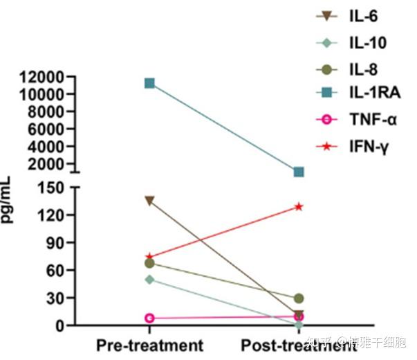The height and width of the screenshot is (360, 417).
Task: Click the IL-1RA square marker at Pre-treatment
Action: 149,84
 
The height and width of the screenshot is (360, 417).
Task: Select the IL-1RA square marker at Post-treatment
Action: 299,172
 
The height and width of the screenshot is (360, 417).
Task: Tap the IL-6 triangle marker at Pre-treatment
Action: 149,201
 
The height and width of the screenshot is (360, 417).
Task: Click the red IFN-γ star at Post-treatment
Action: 299,206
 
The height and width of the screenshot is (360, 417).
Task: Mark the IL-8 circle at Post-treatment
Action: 299,298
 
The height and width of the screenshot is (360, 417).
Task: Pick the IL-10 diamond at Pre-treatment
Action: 149,279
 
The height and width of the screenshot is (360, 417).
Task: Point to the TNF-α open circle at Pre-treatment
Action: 149,318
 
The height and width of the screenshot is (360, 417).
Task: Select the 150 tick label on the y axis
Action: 53,188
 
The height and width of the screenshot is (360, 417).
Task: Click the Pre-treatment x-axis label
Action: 149,345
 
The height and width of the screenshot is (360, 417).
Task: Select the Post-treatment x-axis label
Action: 299,345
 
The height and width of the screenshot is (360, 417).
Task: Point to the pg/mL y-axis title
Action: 10,201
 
